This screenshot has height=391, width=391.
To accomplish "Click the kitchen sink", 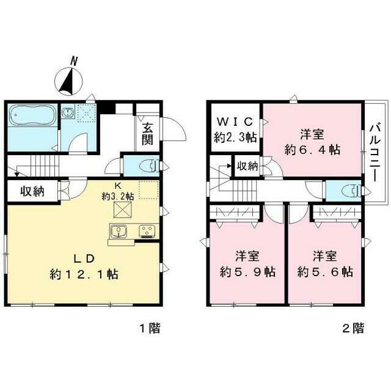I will (x=118, y=231).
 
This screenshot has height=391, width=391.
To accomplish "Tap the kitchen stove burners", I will (x=148, y=231).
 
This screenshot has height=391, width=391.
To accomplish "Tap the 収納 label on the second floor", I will (x=247, y=166).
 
